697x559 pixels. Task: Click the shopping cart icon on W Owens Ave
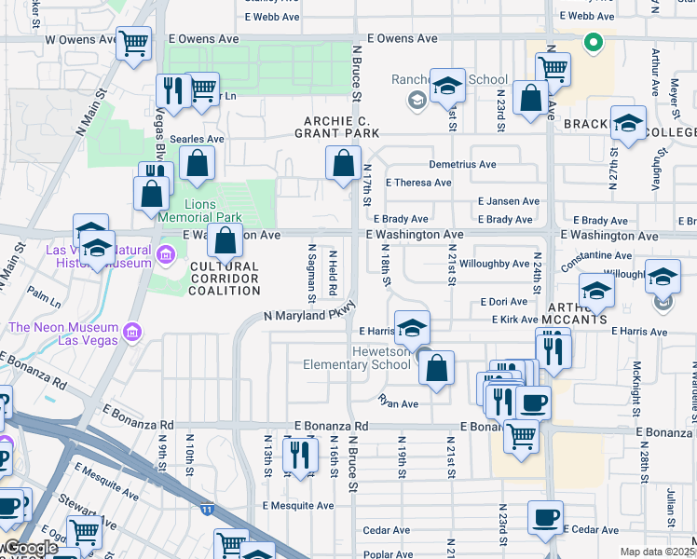point(134,42)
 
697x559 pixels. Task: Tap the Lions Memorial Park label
point(213,211)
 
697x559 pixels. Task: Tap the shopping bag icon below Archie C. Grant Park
point(344,163)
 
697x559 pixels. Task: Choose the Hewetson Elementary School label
point(356,358)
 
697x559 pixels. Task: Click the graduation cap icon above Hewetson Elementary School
point(412,327)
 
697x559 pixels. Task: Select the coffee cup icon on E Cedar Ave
point(545,516)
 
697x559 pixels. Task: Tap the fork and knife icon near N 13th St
point(299,455)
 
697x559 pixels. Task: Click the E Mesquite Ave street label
point(297,506)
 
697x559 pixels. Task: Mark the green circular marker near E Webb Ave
point(591,42)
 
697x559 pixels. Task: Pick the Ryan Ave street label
point(398,402)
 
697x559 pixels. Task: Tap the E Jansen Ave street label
point(509,201)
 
